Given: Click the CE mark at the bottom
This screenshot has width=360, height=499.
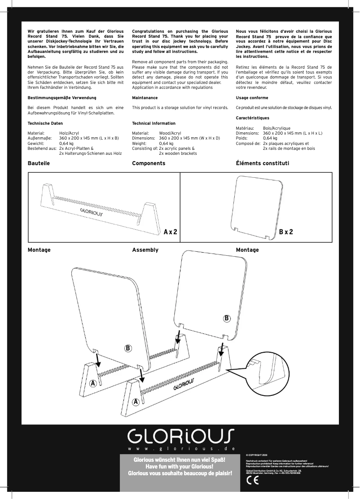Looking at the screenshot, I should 253,480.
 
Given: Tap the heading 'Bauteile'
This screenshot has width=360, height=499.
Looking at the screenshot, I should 39,163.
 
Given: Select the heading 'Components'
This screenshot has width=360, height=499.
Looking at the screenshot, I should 149,163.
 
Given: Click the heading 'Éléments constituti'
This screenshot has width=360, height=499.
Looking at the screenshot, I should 263,163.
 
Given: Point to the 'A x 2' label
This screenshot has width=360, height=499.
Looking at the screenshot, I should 171,232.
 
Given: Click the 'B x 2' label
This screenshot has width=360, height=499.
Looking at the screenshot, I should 286,232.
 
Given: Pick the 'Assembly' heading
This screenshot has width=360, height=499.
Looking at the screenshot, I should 145,249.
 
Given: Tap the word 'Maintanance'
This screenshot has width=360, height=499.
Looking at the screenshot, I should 145,97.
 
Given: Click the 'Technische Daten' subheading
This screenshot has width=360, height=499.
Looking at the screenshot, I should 45,123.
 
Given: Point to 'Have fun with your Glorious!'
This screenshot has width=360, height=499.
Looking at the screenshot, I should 180,467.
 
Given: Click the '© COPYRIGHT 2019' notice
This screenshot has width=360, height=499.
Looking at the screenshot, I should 256,455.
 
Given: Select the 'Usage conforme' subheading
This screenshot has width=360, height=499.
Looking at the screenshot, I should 252,97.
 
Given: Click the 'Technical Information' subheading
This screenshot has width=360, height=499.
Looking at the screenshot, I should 154,123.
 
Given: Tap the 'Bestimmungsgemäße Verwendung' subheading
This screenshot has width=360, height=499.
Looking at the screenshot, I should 61,97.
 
